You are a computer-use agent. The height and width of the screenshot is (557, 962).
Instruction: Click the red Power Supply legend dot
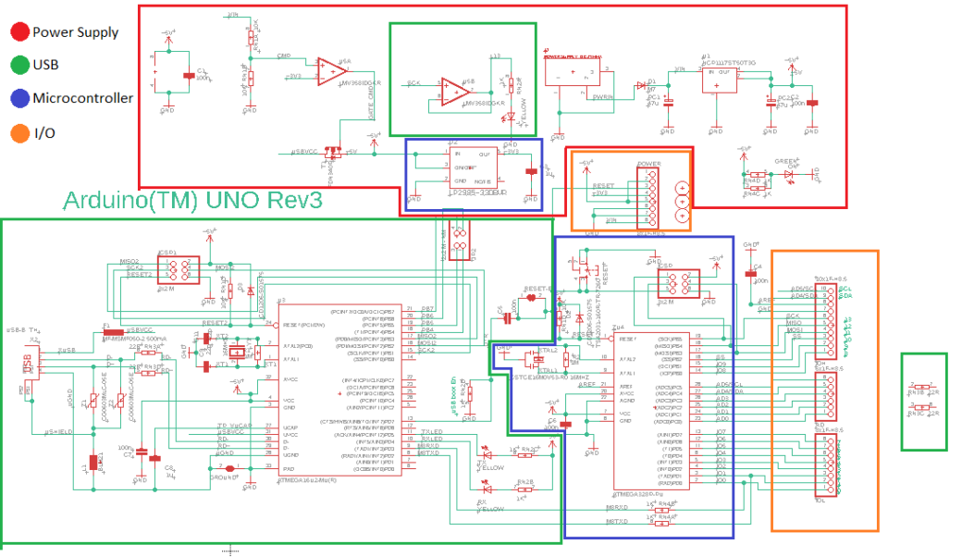[x=18, y=32]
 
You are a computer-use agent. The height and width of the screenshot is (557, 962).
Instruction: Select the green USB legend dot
[x=18, y=66]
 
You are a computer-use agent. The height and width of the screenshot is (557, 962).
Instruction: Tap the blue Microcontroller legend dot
[x=18, y=98]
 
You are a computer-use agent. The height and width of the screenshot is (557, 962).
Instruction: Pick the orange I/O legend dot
[x=18, y=132]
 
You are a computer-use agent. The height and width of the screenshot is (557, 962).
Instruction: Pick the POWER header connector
[x=649, y=194]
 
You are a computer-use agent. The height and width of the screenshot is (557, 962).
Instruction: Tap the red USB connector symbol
[x=31, y=365]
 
